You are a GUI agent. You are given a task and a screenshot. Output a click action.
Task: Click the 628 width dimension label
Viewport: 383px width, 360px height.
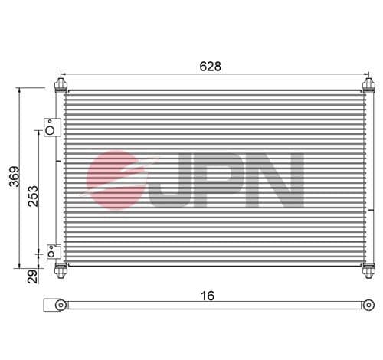coord(210,67)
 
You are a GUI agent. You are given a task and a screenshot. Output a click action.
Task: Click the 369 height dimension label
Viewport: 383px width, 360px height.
coord(15,177)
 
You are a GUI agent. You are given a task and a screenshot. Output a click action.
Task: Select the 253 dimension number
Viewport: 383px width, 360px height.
coord(33,196)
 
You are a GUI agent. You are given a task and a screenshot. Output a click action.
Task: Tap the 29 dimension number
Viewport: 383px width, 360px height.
coord(33,277)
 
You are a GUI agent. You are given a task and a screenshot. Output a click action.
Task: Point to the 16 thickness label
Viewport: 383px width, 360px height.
coord(208,296)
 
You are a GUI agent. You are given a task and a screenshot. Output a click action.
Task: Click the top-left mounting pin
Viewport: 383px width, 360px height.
coord(61,85)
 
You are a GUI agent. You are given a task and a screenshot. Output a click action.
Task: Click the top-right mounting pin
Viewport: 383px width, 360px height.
coord(368,85)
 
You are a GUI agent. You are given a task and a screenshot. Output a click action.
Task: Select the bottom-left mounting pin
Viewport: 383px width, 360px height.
coord(61,270)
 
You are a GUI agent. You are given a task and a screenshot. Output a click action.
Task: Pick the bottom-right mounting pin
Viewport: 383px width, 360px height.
coord(368,270)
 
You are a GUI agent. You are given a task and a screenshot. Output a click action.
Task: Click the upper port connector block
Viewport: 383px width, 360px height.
coord(52,127)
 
